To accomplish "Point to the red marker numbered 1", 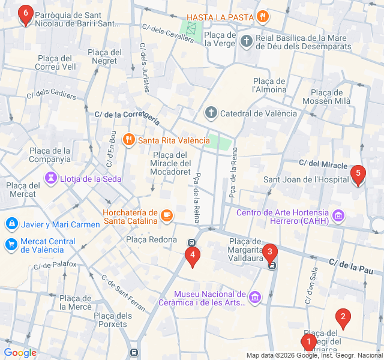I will point(308,343).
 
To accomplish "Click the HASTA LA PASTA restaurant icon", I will point(262,16).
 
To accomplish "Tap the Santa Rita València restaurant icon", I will point(128,140).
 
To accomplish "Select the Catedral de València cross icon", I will point(211,113).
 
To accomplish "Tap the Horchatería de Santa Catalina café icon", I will point(166,214).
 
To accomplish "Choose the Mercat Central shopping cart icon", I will point(11,245).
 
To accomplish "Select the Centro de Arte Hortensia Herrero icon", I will point(339,215).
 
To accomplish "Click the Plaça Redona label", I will point(152,239).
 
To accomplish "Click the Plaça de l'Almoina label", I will point(269,85).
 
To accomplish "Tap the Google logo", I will point(20,353).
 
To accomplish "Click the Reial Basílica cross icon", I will point(246,41).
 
